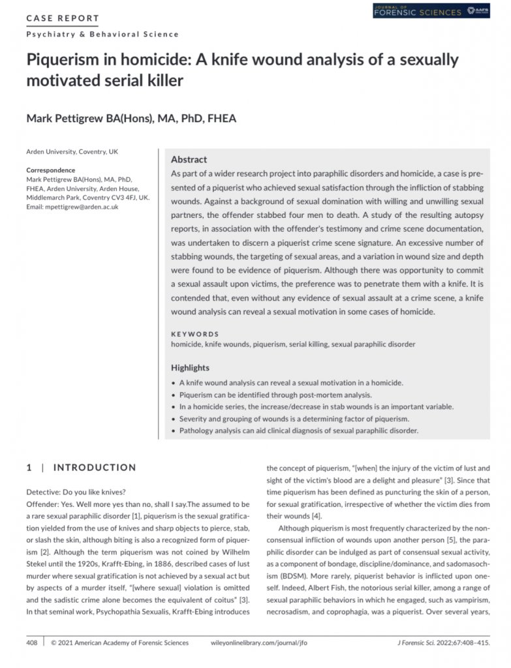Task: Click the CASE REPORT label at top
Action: [x=63, y=18]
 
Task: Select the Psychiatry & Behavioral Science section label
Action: [x=102, y=34]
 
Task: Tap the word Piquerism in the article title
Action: [x=67, y=60]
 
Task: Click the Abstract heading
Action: [x=189, y=159]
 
